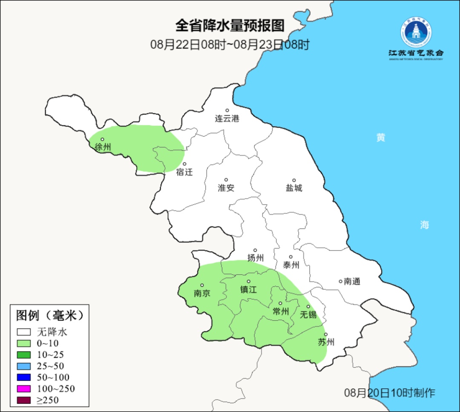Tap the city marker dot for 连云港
pos(227,111)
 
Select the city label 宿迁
pos(184,172)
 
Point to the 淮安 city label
pos(226,188)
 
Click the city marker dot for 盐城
pos(293,180)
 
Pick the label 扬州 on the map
pos(256,258)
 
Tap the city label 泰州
pos(291,265)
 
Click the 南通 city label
pos(352,281)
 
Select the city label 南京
pos(202,293)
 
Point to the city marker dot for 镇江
pos(249,281)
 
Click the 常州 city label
pos(281,312)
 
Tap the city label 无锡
pos(308,315)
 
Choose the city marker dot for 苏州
pos(326,335)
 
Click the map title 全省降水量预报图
pos(230,26)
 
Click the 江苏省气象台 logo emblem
pos(416,31)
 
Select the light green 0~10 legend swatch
pos(24,344)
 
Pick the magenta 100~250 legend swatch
pos(24,389)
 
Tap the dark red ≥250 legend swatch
pos(24,400)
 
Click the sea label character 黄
pos(381,138)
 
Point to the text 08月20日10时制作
pos(390,393)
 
